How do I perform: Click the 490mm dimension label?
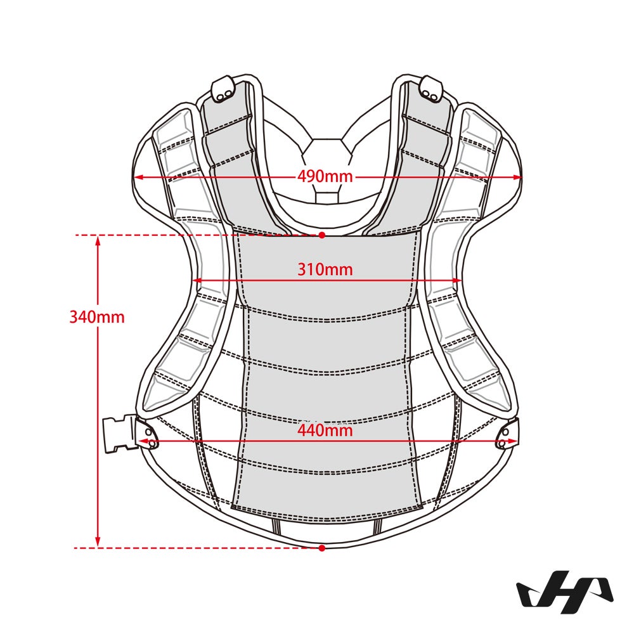(325, 177)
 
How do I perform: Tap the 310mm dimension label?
(325, 269)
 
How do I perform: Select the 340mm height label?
(97, 316)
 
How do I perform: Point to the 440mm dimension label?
(325, 430)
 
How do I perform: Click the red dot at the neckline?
(322, 235)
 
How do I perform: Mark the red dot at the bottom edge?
(322, 548)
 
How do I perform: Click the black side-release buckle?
(119, 434)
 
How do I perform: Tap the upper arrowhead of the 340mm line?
(98, 240)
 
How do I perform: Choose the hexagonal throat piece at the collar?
(327, 165)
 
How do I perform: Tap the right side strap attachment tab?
(508, 435)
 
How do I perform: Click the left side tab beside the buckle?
(148, 434)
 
